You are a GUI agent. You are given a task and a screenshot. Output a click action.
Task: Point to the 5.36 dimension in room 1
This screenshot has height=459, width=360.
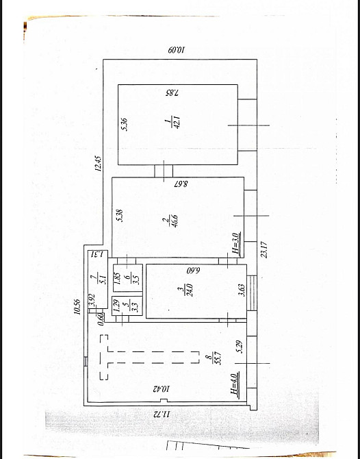[124, 123]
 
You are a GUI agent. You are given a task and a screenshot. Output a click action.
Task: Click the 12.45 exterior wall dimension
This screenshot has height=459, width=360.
[99, 162]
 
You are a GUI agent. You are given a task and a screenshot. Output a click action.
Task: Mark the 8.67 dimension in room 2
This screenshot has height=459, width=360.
[177, 184]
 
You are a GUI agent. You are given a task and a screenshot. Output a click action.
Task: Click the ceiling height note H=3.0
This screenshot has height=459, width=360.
[235, 244]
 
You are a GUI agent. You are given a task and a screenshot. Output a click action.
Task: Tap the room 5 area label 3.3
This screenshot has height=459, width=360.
[135, 305]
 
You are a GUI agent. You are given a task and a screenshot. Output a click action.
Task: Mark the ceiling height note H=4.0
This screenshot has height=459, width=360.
[235, 384]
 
